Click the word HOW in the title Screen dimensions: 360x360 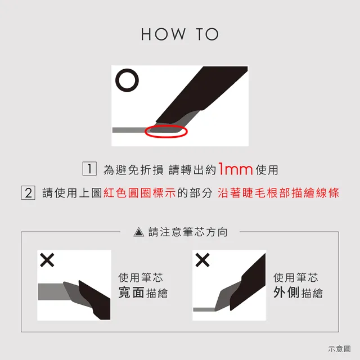tap(163, 34)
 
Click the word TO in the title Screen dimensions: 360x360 tap(208, 34)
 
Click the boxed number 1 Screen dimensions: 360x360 tap(89, 169)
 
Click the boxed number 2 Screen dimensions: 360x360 tap(28, 192)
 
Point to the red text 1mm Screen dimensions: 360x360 tap(236, 169)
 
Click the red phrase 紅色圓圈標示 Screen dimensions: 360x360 tap(139, 193)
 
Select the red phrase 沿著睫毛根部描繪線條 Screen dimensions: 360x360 tap(278, 193)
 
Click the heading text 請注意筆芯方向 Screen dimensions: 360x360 tap(188, 232)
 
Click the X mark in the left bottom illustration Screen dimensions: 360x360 tap(47, 260)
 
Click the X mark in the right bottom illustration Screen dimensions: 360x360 tap(202, 260)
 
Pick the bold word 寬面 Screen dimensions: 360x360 tap(132, 292)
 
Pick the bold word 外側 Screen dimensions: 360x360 tap(287, 292)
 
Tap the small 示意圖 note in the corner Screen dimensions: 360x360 tap(339, 349)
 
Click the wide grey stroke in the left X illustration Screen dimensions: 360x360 tap(52, 291)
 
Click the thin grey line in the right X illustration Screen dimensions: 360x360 tap(204, 310)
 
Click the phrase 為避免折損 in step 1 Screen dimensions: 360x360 tap(133, 170)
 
